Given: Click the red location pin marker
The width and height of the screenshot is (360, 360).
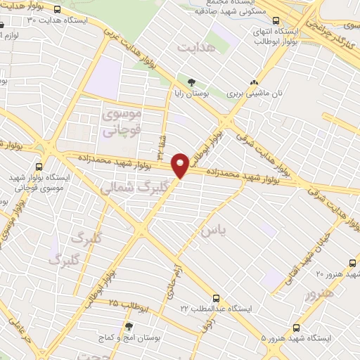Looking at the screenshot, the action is pyautogui.click(x=181, y=165).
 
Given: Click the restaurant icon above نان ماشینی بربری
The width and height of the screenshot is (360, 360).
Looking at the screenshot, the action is pyautogui.click(x=264, y=81).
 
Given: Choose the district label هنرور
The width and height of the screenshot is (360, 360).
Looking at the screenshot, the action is pyautogui.click(x=321, y=295).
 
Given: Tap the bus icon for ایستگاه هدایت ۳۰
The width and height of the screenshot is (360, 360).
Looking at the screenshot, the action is pyautogui.click(x=57, y=10).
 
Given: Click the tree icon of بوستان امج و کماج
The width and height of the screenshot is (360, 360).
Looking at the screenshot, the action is pyautogui.click(x=128, y=327).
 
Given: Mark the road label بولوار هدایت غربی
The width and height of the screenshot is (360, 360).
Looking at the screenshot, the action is pyautogui.click(x=130, y=43).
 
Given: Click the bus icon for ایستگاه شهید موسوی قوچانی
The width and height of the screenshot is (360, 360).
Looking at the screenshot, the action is pyautogui.click(x=39, y=167).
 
